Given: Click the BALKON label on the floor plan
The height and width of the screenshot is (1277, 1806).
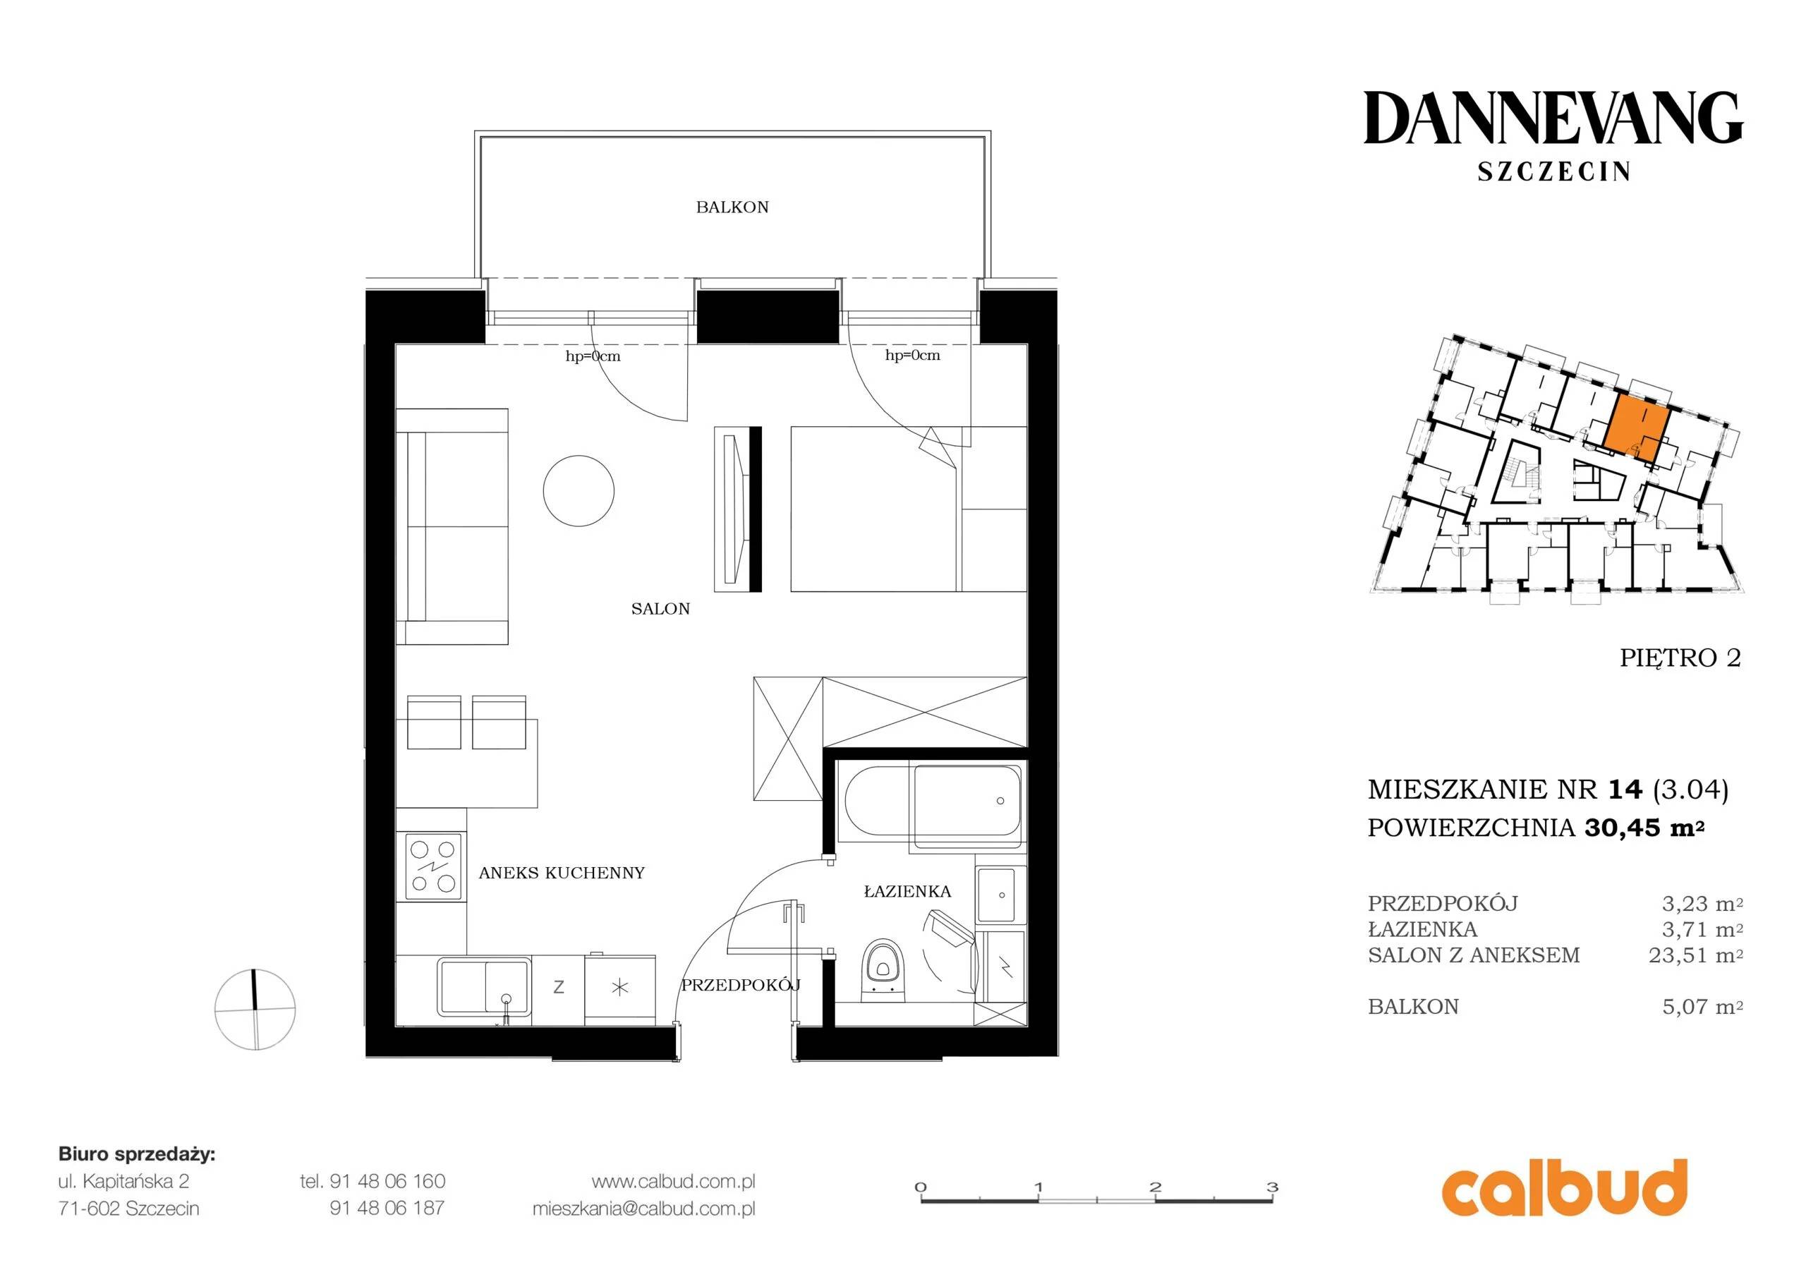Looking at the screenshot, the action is point(732,207).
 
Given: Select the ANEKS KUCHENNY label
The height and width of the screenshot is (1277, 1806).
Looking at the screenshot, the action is point(562,873).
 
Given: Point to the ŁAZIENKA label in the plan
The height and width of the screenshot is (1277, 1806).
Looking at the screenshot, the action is point(907,892).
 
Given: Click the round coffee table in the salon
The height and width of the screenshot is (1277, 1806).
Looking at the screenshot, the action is point(578,490).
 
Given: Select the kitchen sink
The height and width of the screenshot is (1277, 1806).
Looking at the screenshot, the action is point(484,986).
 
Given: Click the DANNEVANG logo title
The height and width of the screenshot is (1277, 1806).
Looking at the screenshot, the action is point(1553,118).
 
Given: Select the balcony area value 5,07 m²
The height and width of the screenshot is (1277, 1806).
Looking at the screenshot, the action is point(1702,1006).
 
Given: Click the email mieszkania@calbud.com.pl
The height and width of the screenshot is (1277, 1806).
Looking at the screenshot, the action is point(643,1209).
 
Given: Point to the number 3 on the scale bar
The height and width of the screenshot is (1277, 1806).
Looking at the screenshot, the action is point(1272,1187).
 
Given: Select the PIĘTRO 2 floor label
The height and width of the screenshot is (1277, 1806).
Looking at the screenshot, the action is point(1680,658).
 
